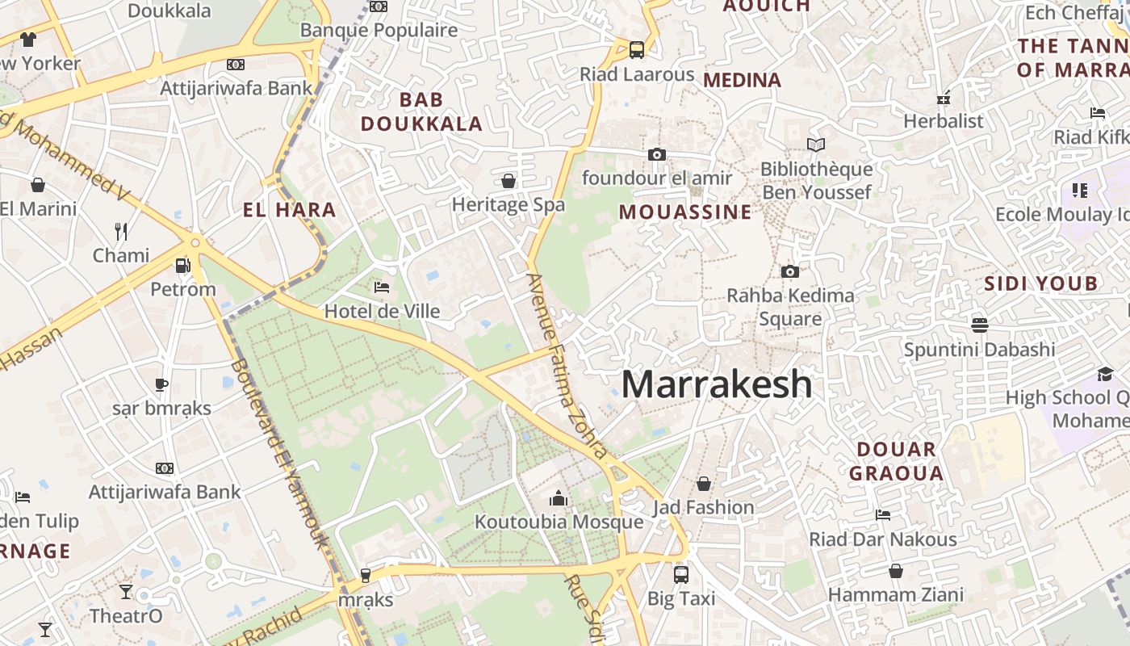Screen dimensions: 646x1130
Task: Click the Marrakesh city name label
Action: click(x=717, y=384)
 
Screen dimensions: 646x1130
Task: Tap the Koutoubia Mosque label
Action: click(x=559, y=522)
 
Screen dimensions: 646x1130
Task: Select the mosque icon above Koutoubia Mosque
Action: click(x=559, y=498)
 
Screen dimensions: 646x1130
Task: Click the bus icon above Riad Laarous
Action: click(x=637, y=50)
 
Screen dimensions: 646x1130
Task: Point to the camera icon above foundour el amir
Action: click(x=657, y=154)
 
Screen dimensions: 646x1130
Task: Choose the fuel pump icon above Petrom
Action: click(x=183, y=265)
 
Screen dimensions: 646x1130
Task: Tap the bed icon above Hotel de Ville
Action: click(x=382, y=287)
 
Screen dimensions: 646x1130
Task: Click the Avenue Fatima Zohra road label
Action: click(x=566, y=365)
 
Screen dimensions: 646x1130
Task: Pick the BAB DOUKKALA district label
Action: click(x=421, y=112)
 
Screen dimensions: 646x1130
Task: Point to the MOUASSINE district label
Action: click(x=685, y=212)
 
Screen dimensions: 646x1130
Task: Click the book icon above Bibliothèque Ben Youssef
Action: click(x=816, y=145)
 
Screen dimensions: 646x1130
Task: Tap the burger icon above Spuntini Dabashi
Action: click(x=980, y=325)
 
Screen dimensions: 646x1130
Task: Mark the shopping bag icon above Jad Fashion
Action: click(x=704, y=484)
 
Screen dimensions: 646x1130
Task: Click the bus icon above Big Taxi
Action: click(x=681, y=575)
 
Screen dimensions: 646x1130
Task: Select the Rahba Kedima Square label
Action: click(x=790, y=307)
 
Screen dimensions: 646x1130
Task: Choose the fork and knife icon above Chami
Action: click(x=121, y=232)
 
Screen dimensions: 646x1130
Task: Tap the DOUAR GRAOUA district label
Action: click(x=896, y=461)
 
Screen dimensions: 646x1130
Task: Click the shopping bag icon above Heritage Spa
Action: click(x=508, y=181)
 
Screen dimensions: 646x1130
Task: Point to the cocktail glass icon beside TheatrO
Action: click(x=126, y=592)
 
